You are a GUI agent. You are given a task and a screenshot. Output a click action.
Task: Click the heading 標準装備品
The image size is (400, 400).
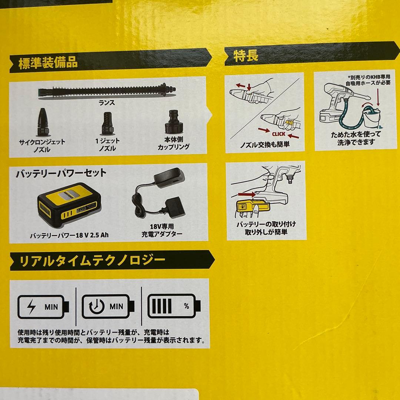[48, 63]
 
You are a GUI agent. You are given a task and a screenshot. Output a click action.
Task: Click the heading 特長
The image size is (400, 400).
[246, 56]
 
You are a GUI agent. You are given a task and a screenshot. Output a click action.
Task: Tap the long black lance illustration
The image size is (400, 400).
[106, 91]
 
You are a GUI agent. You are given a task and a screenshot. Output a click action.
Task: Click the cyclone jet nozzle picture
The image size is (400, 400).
[41, 122]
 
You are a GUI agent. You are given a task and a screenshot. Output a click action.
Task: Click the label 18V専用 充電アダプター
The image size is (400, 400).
[162, 230]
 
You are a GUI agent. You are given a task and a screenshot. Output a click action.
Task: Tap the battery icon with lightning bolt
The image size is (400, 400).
[44, 307]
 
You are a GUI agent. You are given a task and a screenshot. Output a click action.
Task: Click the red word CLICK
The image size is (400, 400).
[279, 134]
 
